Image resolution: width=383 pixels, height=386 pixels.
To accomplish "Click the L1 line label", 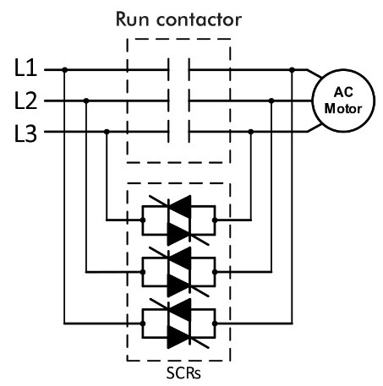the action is coord(25,68).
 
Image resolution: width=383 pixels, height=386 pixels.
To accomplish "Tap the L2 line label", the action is coord(25,101).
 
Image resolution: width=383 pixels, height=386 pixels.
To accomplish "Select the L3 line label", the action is coord(25,133).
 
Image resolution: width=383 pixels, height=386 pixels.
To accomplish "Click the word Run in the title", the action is coord(132,19).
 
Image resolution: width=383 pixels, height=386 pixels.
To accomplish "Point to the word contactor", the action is coord(199,20).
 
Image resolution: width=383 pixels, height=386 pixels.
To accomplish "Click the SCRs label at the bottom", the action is coord(183,372).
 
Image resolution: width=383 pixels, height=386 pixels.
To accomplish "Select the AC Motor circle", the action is coord(343,101).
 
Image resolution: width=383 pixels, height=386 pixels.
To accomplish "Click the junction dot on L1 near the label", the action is coord(65,70).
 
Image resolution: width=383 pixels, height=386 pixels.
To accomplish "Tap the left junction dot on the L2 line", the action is coord(86,101).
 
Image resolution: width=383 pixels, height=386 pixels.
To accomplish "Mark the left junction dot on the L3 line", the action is coord(107,132).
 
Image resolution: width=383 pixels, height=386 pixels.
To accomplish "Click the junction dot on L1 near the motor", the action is coord(292,70).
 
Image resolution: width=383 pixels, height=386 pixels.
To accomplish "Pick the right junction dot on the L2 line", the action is coord(271,101).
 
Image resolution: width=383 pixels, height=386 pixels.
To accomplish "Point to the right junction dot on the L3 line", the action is coord(251,132).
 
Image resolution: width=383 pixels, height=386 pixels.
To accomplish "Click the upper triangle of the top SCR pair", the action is coord(181,206).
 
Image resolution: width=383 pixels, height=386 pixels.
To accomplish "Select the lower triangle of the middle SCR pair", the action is coord(178,285).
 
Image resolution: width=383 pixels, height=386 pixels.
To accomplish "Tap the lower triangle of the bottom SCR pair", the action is coord(178,337).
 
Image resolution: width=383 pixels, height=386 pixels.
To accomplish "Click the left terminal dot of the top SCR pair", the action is coord(143,220).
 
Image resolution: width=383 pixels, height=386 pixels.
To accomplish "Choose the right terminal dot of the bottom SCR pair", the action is coord(215,323).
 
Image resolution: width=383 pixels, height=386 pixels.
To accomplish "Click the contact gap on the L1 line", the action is coord(179,70).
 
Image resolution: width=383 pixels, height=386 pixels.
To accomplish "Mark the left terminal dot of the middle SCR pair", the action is coord(143,272).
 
